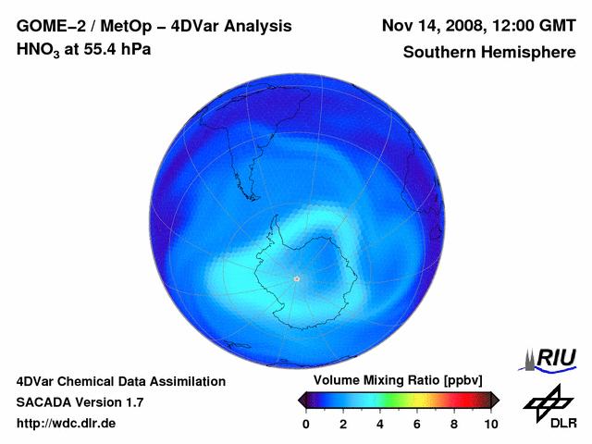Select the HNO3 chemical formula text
click(40, 49)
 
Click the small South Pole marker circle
click(296, 278)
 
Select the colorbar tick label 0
click(306, 424)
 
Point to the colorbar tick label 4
click(380, 424)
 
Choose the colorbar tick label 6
click(417, 424)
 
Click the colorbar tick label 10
click(491, 424)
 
